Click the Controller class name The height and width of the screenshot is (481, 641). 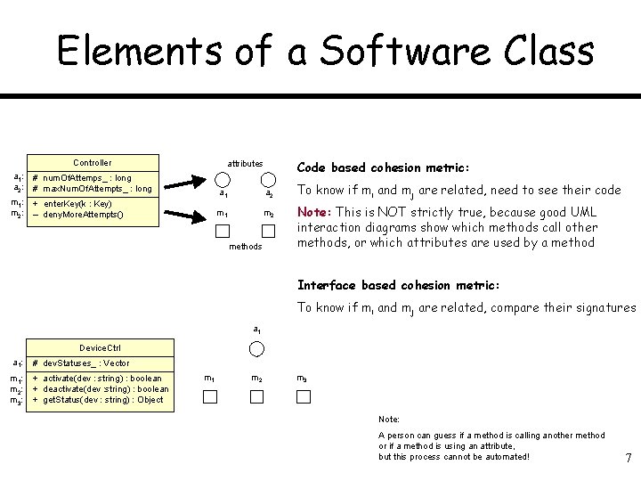point(92,163)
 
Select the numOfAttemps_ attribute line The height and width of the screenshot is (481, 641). point(86,178)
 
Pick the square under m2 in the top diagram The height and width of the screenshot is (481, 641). point(269,231)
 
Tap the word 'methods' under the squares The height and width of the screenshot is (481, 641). point(245,247)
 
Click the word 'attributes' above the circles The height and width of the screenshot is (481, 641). point(245,163)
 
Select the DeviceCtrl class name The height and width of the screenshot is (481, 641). point(100,347)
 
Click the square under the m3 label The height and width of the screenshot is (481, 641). point(304,396)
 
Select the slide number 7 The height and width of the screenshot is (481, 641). point(629,458)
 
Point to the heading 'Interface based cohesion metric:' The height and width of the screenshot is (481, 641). point(399,285)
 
